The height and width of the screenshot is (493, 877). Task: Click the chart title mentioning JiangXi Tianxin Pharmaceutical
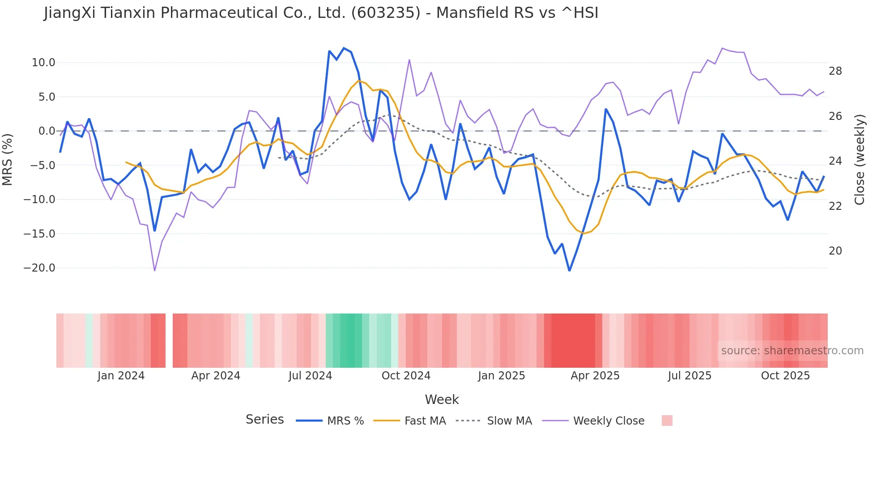click(321, 13)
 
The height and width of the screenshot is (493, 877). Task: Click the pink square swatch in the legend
click(667, 421)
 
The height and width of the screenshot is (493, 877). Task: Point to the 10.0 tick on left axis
click(43, 63)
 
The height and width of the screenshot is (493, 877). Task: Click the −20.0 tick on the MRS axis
click(39, 268)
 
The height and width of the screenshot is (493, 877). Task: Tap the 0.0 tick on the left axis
click(47, 131)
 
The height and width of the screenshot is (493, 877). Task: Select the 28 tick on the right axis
click(835, 71)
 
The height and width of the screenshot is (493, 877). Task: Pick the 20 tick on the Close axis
click(835, 251)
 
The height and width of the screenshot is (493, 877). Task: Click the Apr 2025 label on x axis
click(595, 376)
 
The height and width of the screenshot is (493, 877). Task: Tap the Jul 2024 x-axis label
click(310, 376)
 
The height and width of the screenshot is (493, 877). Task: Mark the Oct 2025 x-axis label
click(785, 376)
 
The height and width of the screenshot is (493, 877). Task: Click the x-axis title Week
click(442, 399)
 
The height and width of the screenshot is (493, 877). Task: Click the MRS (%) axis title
click(8, 159)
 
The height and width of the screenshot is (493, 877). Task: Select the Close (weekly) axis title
click(859, 159)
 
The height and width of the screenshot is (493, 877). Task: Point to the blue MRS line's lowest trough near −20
click(569, 270)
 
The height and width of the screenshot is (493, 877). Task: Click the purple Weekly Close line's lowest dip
click(155, 270)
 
